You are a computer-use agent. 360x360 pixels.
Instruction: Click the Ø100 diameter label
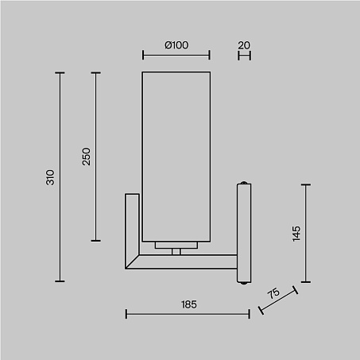(x=176, y=45)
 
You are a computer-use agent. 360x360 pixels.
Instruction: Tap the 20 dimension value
(x=244, y=45)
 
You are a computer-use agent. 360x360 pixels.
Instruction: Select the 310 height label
(x=50, y=177)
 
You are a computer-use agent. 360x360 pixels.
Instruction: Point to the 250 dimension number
(x=86, y=157)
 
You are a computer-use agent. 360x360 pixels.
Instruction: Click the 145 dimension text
(x=296, y=234)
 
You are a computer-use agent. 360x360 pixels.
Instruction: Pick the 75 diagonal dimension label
(x=273, y=293)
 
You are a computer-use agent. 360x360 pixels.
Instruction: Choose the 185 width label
(x=189, y=304)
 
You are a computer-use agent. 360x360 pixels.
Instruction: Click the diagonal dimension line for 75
(x=278, y=300)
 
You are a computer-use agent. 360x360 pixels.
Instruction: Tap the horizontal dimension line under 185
(x=188, y=314)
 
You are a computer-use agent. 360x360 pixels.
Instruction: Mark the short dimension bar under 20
(x=244, y=56)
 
